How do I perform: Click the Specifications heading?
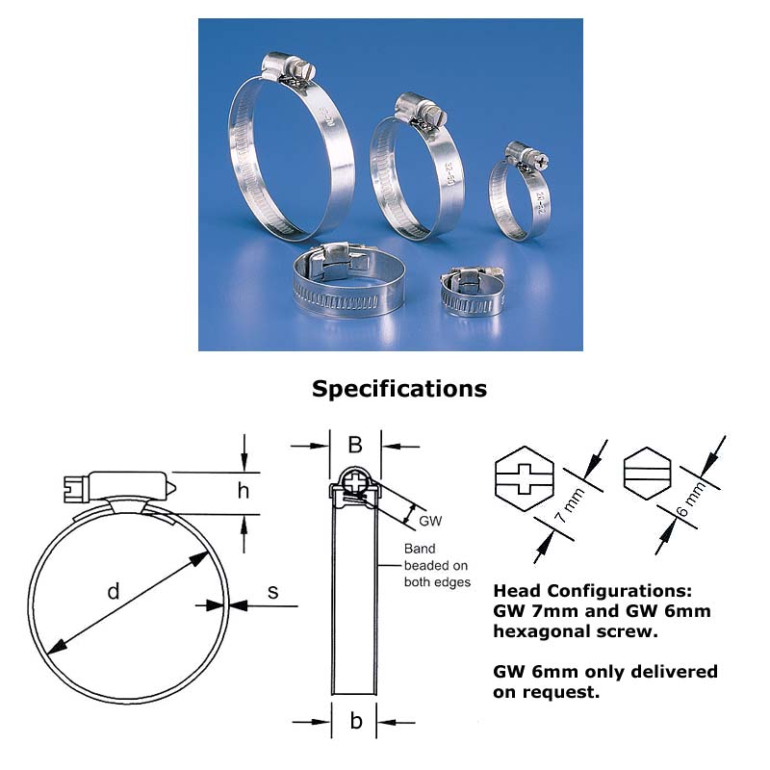click(x=399, y=389)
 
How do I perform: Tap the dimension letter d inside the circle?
click(x=114, y=591)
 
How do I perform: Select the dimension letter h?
click(x=244, y=490)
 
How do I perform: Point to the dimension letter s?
click(x=273, y=592)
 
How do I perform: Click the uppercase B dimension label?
click(x=355, y=445)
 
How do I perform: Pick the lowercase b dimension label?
click(x=356, y=720)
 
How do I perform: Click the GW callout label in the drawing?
click(x=430, y=521)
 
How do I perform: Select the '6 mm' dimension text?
click(x=691, y=499)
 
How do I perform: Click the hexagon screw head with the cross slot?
click(x=525, y=478)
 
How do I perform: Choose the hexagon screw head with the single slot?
click(x=647, y=474)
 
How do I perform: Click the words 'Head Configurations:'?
click(x=593, y=590)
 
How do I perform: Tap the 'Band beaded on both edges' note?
click(x=437, y=565)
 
